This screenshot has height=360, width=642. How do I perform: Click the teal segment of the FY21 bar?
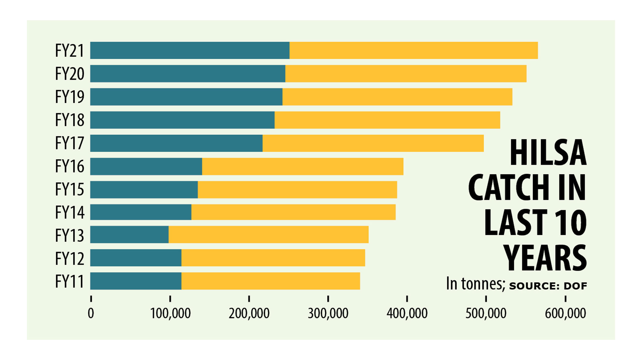pos(190,50)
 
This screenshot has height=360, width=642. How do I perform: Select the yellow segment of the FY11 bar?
pos(271,281)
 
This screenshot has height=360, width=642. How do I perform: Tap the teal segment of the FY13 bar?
pos(129,235)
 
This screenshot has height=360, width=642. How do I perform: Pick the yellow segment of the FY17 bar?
pos(373,143)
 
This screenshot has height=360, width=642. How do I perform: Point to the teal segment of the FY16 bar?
pos(146,166)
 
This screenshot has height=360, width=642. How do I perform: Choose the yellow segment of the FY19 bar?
pos(397,97)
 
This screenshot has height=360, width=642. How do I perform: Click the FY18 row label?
pos(69,120)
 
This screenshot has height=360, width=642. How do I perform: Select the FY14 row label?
pos(69,212)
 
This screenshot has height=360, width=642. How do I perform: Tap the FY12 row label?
pos(69,259)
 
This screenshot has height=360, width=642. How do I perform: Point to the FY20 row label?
pos(69,74)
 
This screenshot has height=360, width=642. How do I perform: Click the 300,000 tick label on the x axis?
pos(328,314)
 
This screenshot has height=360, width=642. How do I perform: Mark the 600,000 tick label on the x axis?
pos(565,314)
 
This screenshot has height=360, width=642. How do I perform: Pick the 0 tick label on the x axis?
pos(91,314)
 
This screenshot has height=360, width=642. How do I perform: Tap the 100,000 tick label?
pos(170,314)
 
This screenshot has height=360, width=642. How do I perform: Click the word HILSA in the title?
pos(548,153)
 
